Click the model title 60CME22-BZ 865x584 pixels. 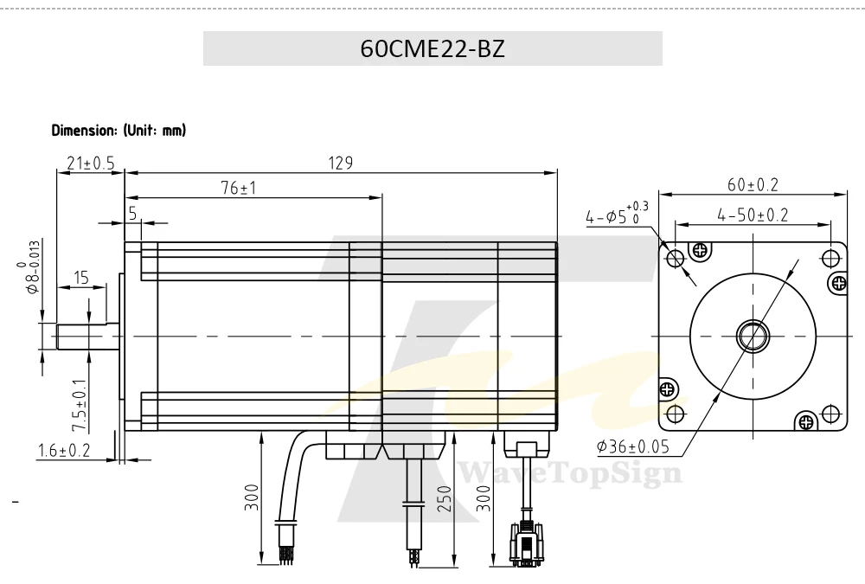click(x=432, y=48)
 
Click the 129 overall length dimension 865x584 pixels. click(x=340, y=163)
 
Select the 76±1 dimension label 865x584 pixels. click(x=239, y=189)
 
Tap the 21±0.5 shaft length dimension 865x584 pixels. click(x=91, y=164)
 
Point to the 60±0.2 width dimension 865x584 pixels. click(x=753, y=185)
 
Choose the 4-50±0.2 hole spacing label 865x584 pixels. click(x=753, y=215)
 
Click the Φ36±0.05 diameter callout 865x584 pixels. click(x=633, y=446)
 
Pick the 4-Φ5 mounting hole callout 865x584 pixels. click(x=617, y=214)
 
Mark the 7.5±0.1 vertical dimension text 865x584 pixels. click(x=80, y=406)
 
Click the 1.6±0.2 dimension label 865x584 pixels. click(x=63, y=451)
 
